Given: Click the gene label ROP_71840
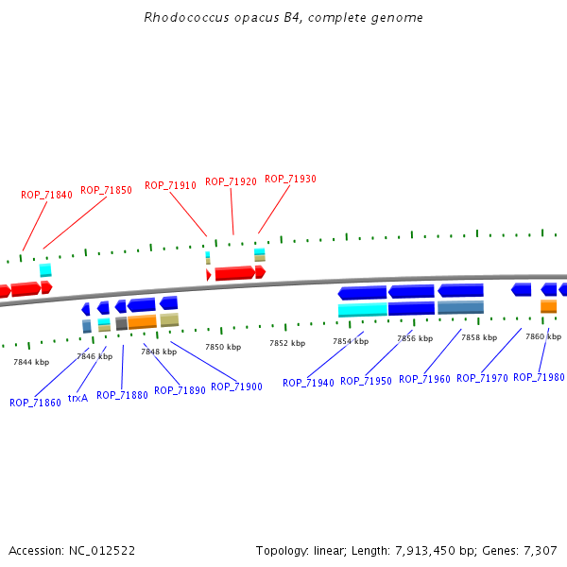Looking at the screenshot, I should [46, 195].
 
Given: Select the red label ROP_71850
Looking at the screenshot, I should [106, 190].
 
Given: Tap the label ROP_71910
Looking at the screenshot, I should [170, 185].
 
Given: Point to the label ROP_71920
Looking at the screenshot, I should [231, 180].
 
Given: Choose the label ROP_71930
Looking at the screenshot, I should [290, 179].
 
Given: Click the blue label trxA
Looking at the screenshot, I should [77, 398].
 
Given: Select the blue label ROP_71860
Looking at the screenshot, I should [35, 402].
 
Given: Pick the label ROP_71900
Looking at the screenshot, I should [236, 387].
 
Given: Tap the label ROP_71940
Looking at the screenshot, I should [308, 383].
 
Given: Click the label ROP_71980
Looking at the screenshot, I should [539, 377].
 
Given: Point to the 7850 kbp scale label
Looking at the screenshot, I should [223, 347].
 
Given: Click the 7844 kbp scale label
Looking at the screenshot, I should [31, 362].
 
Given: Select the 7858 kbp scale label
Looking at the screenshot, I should [478, 336].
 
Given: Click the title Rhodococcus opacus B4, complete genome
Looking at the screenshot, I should [283, 18].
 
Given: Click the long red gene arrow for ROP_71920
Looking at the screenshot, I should [235, 273].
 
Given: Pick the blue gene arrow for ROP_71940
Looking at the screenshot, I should [362, 293].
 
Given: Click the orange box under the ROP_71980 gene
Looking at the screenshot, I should [548, 306].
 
